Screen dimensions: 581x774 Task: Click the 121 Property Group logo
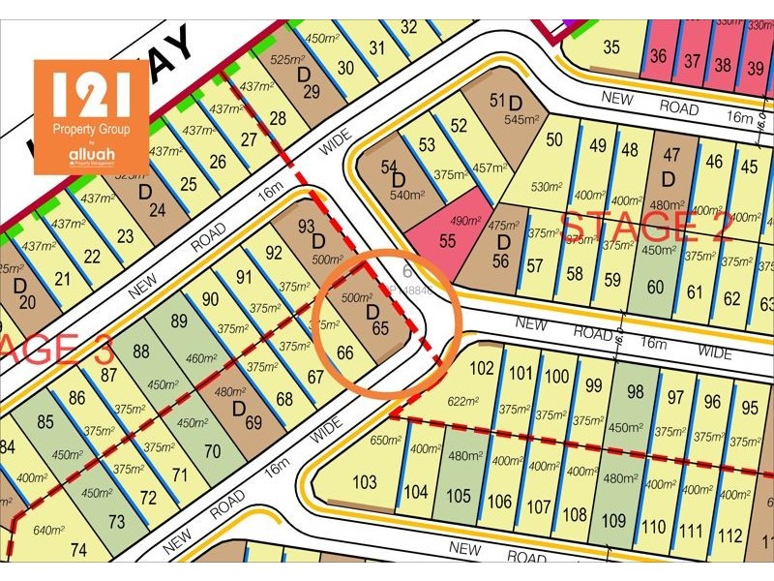[x=91, y=116]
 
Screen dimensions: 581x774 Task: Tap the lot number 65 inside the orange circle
[x=379, y=328]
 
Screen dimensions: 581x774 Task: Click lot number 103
[x=365, y=482]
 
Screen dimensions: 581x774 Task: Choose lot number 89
[x=179, y=321]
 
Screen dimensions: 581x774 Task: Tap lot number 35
[x=611, y=46]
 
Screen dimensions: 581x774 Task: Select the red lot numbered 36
[x=659, y=56]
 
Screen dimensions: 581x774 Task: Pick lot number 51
[x=497, y=100]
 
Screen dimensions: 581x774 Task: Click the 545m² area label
[x=520, y=120]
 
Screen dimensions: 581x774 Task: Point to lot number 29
[x=311, y=91]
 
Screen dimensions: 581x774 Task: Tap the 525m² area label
[x=285, y=59]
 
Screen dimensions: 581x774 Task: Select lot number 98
[x=635, y=391]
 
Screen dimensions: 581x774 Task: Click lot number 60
[x=655, y=286]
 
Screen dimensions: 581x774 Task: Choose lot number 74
[x=78, y=551]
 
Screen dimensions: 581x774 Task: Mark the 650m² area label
[x=384, y=440]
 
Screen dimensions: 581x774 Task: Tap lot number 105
[x=459, y=496]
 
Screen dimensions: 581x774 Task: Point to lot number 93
[x=308, y=228]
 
